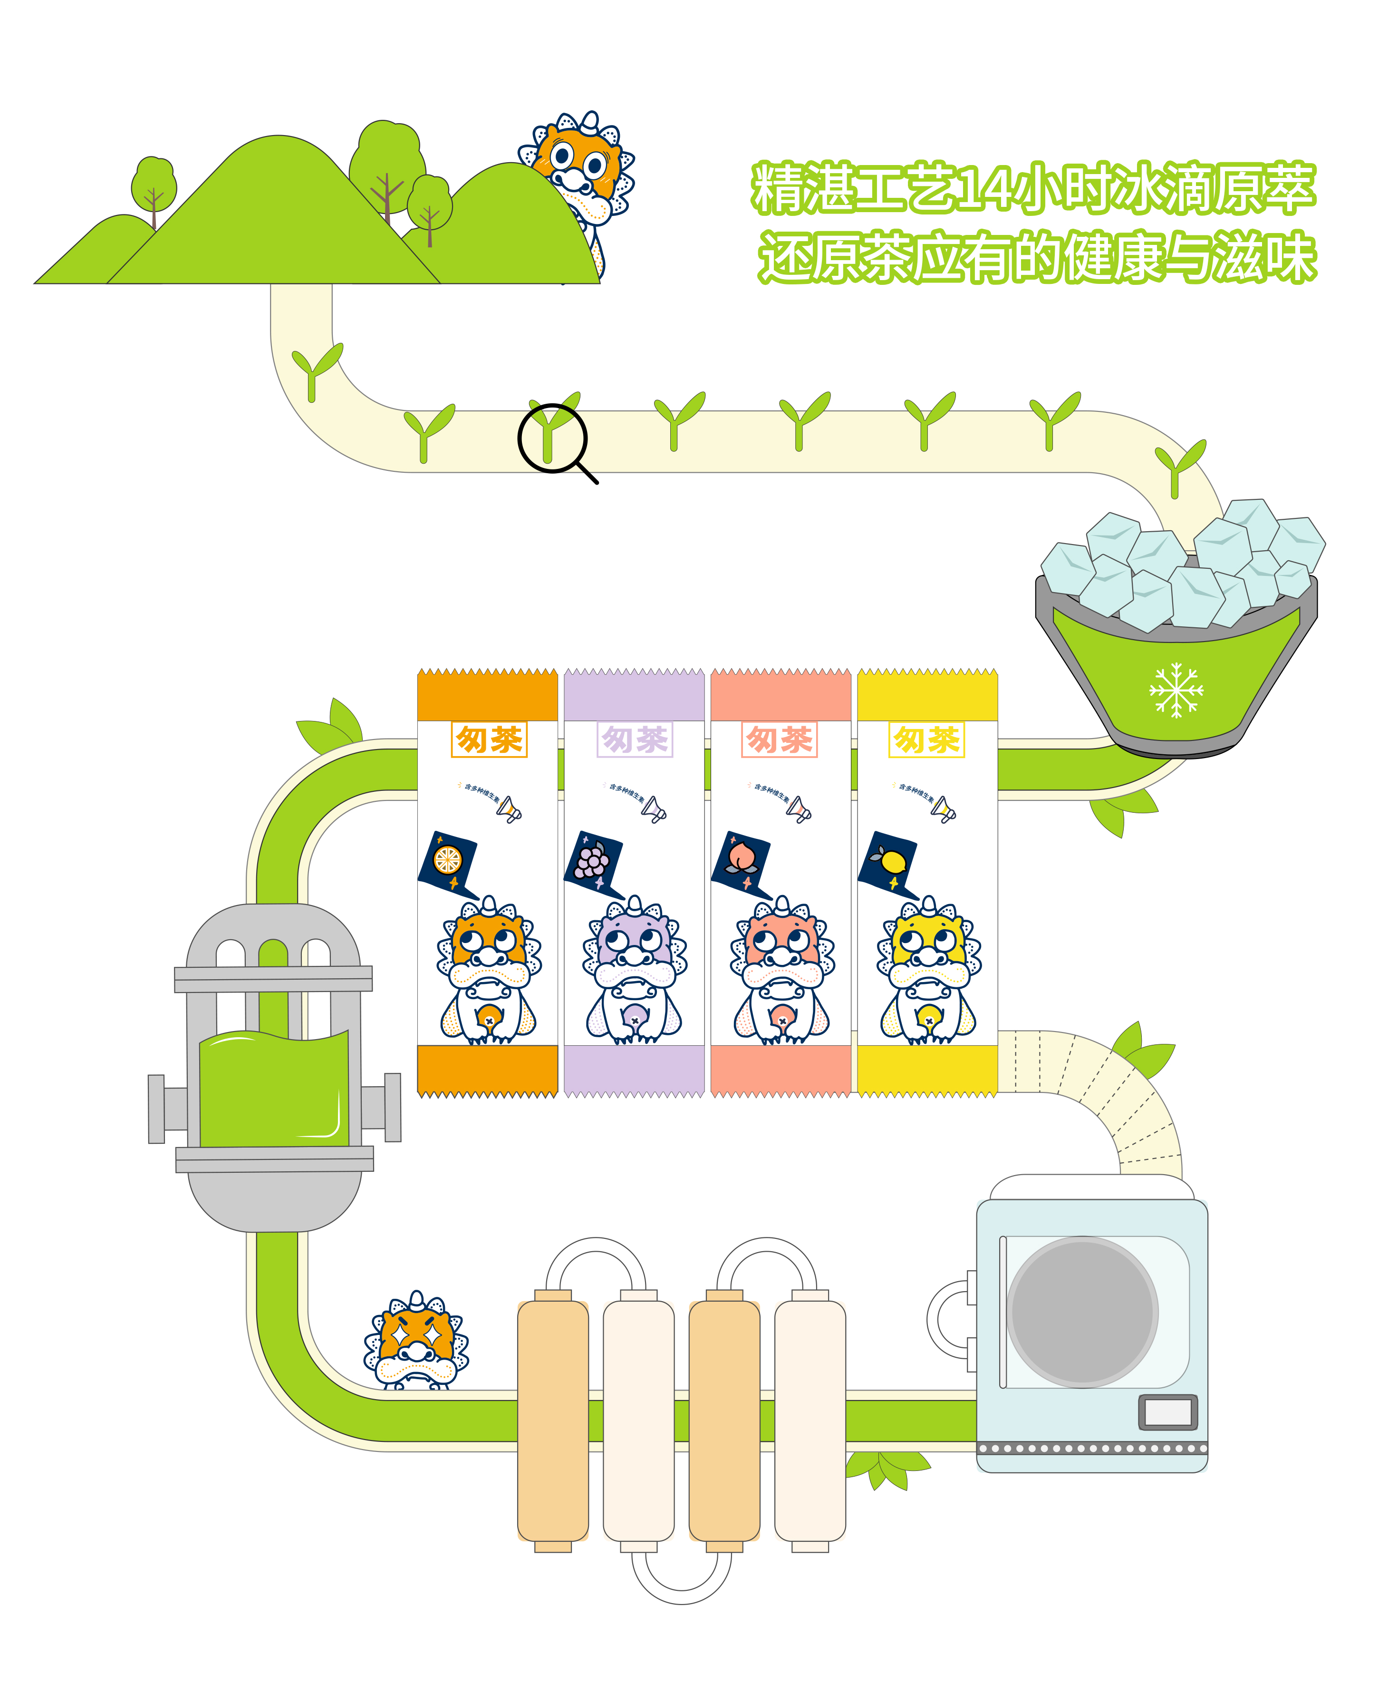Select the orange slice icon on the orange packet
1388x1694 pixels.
point(447,861)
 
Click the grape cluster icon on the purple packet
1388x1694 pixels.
point(592,861)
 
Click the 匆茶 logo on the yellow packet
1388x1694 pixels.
point(926,739)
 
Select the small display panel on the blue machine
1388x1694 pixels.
point(1167,1412)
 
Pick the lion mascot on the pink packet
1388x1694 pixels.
point(781,972)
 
